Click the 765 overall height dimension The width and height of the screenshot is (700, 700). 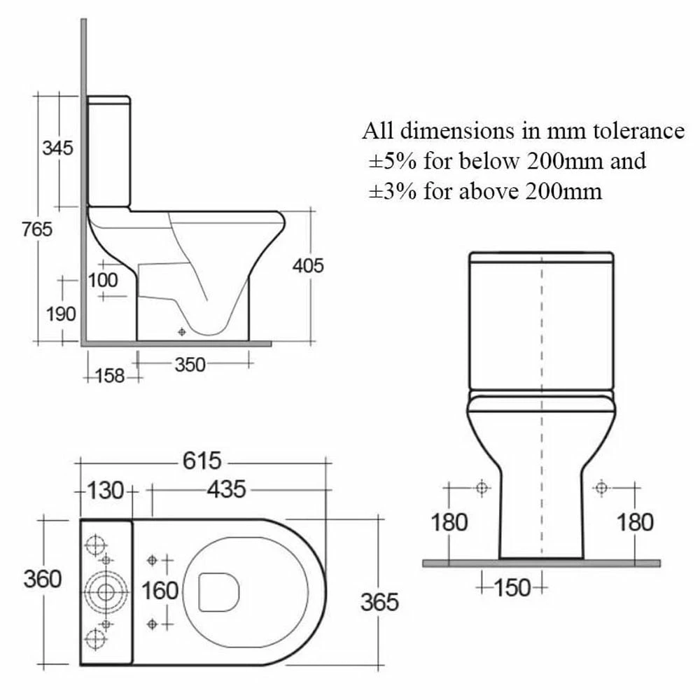pos(38,229)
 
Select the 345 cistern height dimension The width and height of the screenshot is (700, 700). pos(57,148)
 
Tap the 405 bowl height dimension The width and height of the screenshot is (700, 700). pos(308,266)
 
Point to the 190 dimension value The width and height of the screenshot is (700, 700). pos(61,314)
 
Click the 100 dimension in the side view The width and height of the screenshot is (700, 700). pos(103,280)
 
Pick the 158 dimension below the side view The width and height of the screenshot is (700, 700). pos(110,376)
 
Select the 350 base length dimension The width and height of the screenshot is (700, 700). pos(190,365)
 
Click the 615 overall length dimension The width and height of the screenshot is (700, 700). pos(202,461)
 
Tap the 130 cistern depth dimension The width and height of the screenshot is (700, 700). pos(105,490)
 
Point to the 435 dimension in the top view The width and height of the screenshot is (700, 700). pos(225,490)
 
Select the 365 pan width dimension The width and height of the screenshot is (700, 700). pos(379,601)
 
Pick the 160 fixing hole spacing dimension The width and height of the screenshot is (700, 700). pos(160,591)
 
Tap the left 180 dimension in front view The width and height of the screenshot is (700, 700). pos(449,522)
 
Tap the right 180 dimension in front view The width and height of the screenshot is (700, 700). pos(634,522)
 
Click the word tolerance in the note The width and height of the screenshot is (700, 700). pos(633,131)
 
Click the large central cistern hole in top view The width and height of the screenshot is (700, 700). pos(106,591)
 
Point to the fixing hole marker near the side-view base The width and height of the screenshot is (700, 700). pos(182,332)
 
